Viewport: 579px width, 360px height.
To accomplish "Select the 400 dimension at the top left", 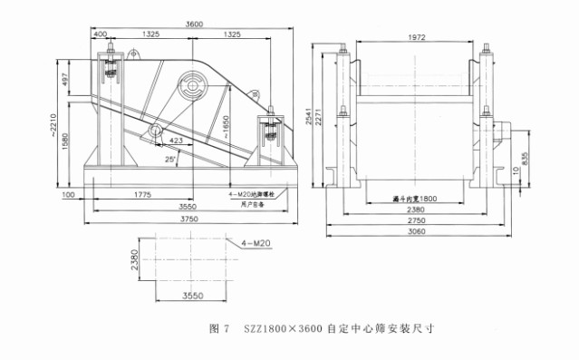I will point(99,34).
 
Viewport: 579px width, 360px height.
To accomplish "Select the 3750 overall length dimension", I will point(189,219).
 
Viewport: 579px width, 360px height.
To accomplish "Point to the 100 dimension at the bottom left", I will point(68,193).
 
